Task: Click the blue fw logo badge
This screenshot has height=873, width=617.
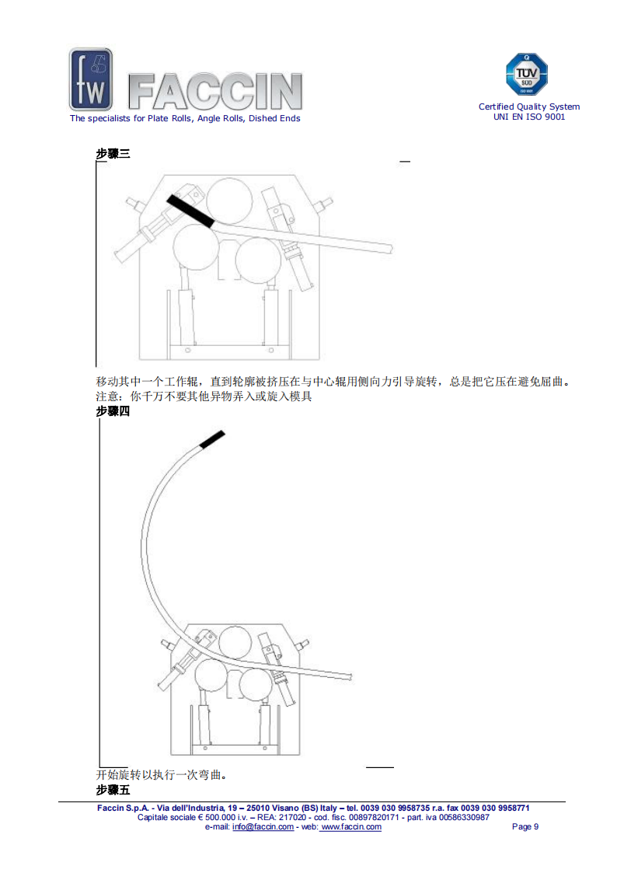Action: [91, 79]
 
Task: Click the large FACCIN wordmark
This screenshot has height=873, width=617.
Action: [215, 91]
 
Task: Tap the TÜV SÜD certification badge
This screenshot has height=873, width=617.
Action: [526, 74]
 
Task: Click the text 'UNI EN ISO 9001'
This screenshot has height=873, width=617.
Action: [529, 117]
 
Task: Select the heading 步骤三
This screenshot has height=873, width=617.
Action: [113, 154]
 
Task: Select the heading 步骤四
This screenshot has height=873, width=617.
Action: [113, 411]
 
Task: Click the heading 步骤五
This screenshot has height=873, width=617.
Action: [113, 790]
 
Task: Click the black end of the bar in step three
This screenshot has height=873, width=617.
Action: [190, 211]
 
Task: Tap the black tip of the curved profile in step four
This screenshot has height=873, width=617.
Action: [212, 439]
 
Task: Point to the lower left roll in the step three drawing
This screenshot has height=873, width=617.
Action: [196, 247]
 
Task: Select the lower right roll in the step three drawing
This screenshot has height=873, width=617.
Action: [257, 260]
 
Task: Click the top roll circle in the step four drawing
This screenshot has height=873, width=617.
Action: [235, 642]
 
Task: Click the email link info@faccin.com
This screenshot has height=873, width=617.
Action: [263, 827]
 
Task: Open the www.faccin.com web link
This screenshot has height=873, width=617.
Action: [351, 827]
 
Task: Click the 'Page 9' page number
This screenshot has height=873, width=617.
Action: [525, 827]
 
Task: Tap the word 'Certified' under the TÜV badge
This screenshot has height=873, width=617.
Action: [497, 107]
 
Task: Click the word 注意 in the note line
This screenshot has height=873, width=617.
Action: [106, 396]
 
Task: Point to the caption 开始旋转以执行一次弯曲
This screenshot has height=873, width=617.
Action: [161, 775]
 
